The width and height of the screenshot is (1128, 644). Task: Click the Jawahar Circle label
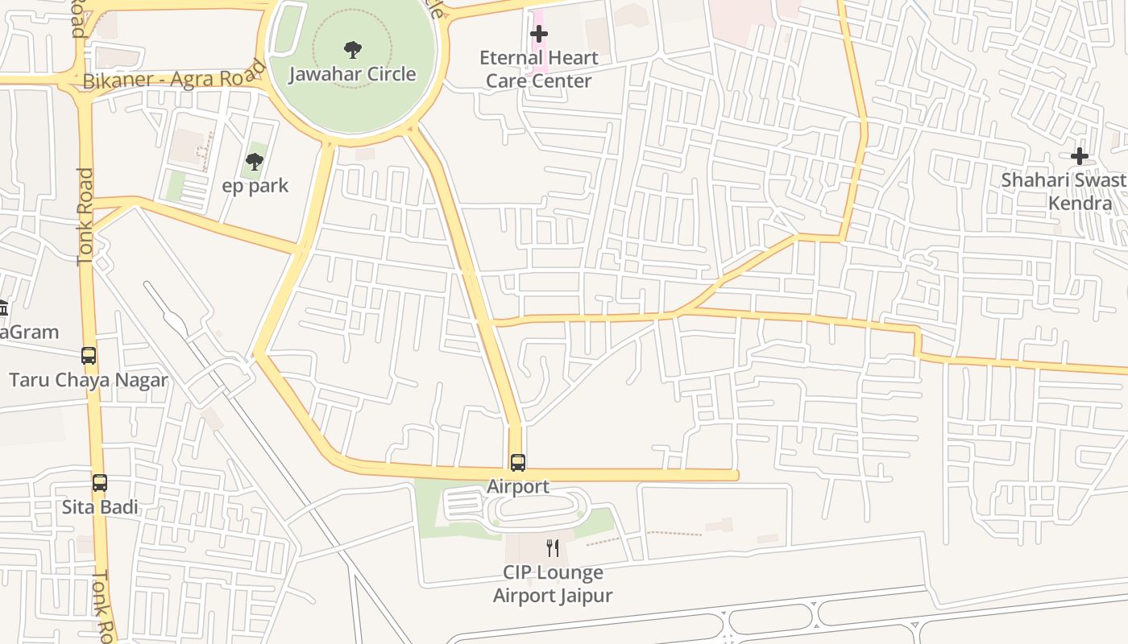tap(352, 74)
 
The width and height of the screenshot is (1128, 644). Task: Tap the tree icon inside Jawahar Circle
tap(352, 50)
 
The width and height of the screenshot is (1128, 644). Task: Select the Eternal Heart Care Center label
tap(538, 69)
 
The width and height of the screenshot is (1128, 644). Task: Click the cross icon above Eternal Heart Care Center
tap(539, 34)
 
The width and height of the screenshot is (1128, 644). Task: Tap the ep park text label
tap(255, 186)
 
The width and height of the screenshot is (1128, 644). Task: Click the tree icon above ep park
tap(255, 162)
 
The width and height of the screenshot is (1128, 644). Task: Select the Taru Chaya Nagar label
tap(88, 380)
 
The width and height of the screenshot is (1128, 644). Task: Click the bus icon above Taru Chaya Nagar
tap(89, 356)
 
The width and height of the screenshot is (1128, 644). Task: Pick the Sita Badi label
tap(100, 507)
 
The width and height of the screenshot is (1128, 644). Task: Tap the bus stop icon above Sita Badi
tap(100, 483)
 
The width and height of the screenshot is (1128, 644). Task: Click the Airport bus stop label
tap(518, 486)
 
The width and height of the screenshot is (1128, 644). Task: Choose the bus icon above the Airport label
tap(518, 463)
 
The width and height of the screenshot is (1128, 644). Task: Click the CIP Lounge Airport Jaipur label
tap(553, 584)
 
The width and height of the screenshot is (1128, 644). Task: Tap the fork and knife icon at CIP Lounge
tap(553, 548)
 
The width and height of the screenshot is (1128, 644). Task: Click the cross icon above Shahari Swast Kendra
tap(1079, 155)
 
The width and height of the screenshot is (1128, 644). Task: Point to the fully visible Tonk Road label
tap(85, 217)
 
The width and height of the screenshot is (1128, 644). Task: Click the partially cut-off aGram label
tap(29, 332)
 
